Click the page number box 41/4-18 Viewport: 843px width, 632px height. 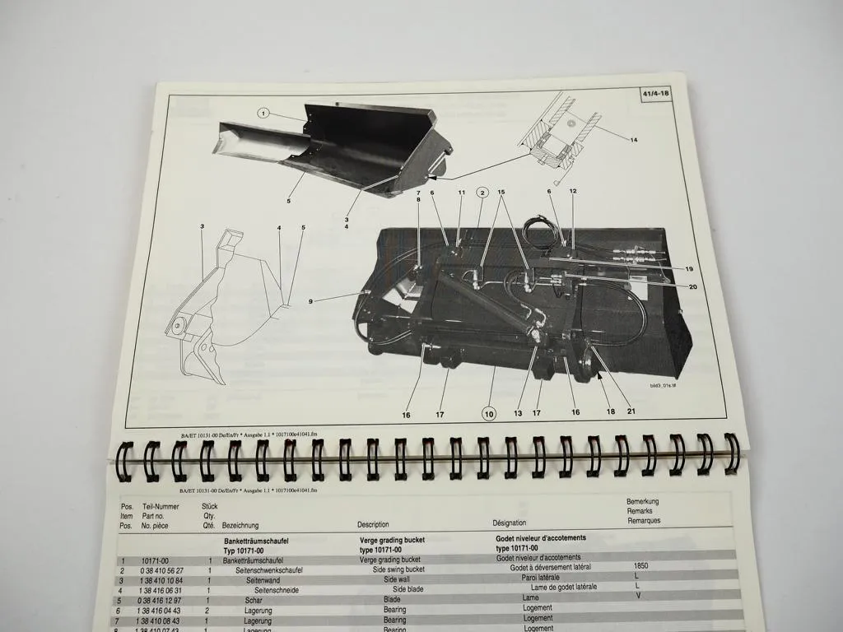(x=659, y=95)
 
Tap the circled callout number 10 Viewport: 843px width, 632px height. (x=489, y=414)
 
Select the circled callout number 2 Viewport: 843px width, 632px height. (x=481, y=194)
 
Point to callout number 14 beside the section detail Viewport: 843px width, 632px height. (x=634, y=140)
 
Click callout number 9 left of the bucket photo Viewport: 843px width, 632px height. (x=310, y=302)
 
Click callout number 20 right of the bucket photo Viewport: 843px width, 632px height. (x=692, y=286)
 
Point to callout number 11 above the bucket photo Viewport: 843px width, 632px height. (x=461, y=193)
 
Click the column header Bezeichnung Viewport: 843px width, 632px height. (x=240, y=525)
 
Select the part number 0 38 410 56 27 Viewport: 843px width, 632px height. (x=151, y=570)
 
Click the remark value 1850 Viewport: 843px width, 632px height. (x=641, y=566)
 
